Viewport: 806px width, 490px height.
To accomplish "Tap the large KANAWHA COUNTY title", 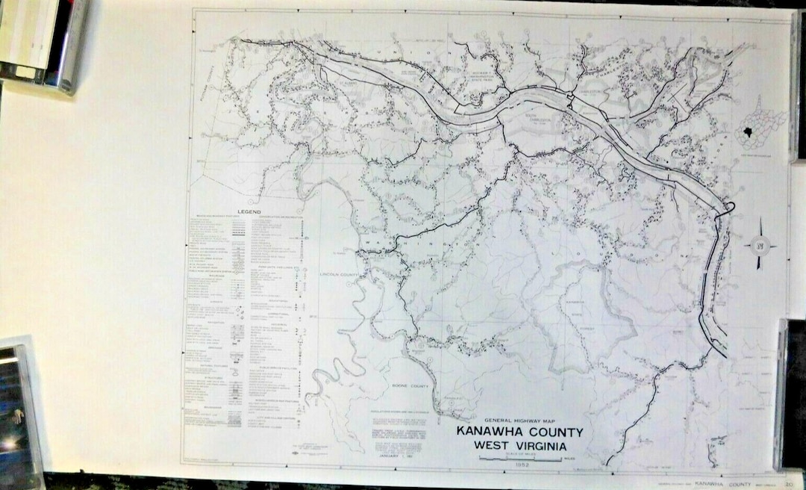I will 516,432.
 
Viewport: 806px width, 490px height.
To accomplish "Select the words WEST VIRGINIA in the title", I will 516,445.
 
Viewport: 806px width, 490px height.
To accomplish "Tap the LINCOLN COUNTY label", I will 340,273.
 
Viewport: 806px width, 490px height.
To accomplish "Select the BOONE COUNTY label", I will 410,385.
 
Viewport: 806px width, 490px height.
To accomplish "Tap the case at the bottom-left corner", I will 19,411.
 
